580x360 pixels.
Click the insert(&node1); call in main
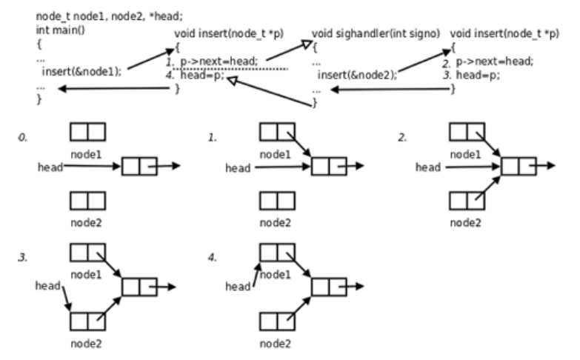(81, 71)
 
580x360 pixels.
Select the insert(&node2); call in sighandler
(357, 75)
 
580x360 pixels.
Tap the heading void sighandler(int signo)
(376, 33)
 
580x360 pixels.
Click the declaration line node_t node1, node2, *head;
(109, 16)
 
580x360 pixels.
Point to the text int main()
(60, 30)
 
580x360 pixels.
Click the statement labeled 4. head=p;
(196, 76)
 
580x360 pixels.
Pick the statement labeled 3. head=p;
(472, 75)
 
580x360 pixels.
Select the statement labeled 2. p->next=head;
(488, 61)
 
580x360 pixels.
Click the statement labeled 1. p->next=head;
(212, 61)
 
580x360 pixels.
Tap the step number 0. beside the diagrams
(23, 138)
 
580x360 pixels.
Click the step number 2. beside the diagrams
(402, 138)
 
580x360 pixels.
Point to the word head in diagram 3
(47, 286)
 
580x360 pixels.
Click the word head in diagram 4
(238, 287)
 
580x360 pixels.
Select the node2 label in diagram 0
(86, 223)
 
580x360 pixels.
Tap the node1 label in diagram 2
(465, 154)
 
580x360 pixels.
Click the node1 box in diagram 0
(87, 132)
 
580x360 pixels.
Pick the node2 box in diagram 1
(278, 201)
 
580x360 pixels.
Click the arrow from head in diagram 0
(92, 166)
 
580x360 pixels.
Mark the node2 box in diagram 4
(278, 321)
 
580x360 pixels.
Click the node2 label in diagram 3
(86, 344)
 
